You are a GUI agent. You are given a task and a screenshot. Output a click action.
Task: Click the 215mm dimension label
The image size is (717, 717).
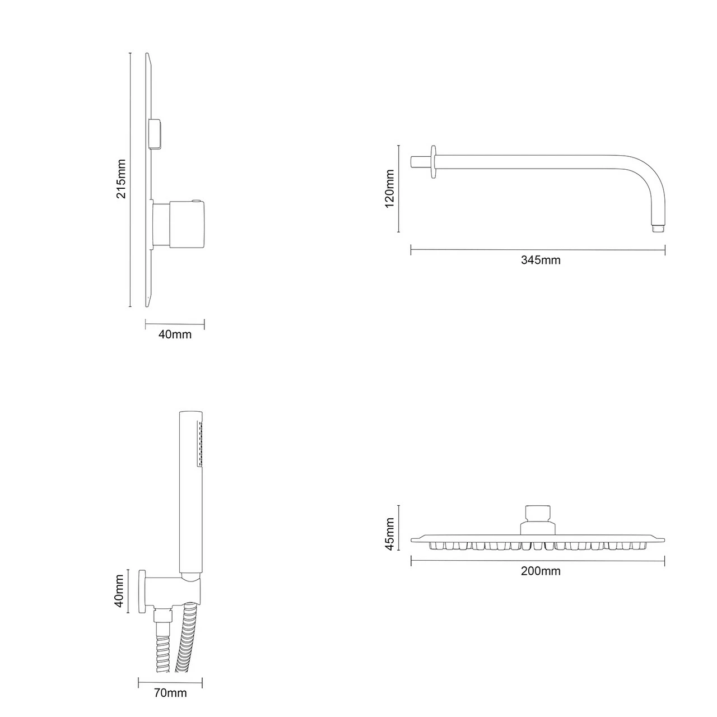click(121, 179)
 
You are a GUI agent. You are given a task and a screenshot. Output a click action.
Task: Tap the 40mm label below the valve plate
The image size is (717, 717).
click(175, 334)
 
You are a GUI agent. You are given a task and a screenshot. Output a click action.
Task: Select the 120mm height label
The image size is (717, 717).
click(389, 189)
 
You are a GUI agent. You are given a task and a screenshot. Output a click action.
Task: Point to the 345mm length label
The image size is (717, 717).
click(541, 260)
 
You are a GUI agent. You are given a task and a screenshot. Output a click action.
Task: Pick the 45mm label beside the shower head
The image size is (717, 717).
click(389, 534)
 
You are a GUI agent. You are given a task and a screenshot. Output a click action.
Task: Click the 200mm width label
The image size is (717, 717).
click(541, 571)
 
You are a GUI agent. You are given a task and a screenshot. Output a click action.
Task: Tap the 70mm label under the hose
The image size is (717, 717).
click(170, 693)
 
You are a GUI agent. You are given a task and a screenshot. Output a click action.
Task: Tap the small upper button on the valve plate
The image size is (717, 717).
click(156, 134)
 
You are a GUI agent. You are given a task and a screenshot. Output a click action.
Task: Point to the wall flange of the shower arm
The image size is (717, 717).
click(432, 162)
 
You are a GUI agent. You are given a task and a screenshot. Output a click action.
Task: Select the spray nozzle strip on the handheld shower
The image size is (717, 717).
click(199, 445)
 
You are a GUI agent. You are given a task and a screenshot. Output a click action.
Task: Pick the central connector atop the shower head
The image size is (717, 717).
click(538, 518)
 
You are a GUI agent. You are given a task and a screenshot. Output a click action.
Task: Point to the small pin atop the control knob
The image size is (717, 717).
click(195, 200)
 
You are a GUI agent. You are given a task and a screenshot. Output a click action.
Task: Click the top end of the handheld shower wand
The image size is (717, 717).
click(189, 415)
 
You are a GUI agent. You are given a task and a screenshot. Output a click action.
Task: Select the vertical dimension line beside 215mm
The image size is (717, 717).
click(130, 179)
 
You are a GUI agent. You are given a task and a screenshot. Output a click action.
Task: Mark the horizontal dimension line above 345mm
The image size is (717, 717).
click(538, 250)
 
